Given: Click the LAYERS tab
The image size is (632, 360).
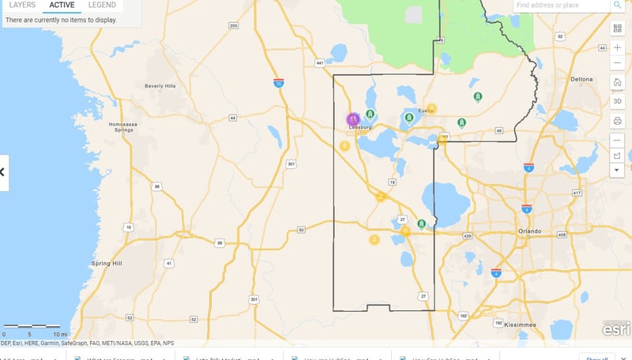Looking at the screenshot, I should [x=22, y=5].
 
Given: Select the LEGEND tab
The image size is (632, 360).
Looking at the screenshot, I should [x=102, y=5].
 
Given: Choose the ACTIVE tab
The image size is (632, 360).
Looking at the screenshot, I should [x=62, y=5].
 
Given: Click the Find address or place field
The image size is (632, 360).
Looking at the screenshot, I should [x=559, y=6].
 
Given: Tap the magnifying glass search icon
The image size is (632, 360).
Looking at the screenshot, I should [x=617, y=6].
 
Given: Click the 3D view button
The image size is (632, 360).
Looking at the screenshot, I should [x=617, y=101].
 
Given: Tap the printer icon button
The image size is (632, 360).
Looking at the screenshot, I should [x=617, y=121].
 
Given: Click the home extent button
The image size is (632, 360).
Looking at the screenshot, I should [x=617, y=82].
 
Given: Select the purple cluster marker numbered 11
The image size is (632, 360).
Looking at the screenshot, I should [x=353, y=118].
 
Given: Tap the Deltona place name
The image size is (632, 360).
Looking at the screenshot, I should [x=581, y=80].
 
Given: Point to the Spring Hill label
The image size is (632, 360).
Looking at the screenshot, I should [x=106, y=263].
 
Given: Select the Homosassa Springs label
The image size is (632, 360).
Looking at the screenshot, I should [x=128, y=129].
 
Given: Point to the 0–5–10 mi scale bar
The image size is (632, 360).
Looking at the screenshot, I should [x=32, y=326].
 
